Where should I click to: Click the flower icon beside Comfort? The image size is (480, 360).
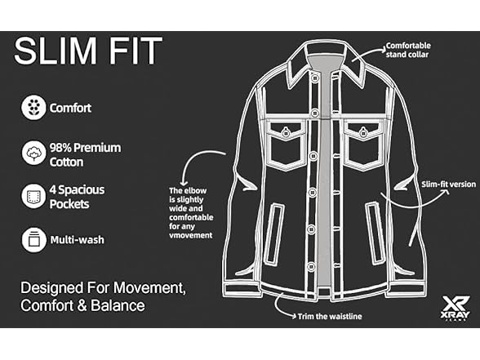click(x=33, y=108)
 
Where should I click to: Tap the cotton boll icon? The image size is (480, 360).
click(x=33, y=153)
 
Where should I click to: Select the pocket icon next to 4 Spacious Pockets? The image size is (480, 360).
click(x=33, y=196)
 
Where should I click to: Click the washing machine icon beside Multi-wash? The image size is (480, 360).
click(x=33, y=240)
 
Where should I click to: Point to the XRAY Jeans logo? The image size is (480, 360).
click(x=456, y=308)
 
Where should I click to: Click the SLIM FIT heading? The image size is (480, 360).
click(x=88, y=51)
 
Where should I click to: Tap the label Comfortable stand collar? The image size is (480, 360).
click(x=408, y=51)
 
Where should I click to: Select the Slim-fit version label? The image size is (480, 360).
click(x=448, y=184)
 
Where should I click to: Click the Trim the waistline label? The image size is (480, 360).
click(x=330, y=316)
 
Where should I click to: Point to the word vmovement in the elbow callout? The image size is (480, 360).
click(x=191, y=235)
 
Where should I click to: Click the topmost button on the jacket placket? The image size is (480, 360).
click(x=314, y=78)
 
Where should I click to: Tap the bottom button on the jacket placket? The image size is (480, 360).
click(x=311, y=266)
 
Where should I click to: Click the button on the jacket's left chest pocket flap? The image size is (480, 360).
click(x=286, y=133)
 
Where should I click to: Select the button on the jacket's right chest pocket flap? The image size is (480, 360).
click(x=363, y=133)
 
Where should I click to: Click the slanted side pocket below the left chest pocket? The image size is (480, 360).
click(x=273, y=233)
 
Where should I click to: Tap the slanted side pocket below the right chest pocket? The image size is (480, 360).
click(x=376, y=233)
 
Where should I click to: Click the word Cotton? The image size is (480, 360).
click(x=66, y=162)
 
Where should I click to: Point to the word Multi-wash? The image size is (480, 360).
click(x=77, y=240)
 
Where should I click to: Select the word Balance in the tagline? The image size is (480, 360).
click(x=118, y=305)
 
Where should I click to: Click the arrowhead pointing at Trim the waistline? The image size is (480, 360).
click(x=293, y=316)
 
